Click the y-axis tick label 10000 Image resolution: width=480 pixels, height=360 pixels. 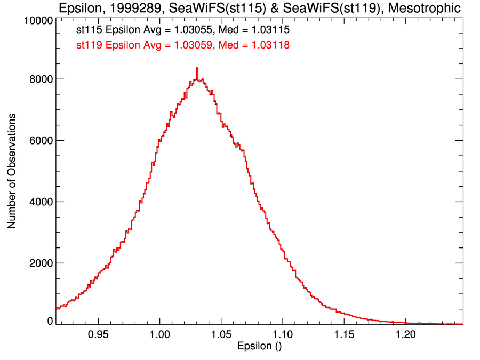37,21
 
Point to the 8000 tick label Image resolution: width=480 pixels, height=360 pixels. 40,79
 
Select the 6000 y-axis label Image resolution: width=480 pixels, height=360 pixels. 40,141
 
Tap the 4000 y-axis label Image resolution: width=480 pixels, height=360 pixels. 40,202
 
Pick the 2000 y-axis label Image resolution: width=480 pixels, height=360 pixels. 40,263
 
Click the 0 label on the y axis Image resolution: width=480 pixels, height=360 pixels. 50,321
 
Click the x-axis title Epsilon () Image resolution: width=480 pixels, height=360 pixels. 259,346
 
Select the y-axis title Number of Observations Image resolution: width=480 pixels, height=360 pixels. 11,171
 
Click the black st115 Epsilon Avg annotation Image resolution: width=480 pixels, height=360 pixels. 183,31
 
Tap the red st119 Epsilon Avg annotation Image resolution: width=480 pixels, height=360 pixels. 183,45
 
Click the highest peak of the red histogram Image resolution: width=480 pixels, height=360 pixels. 197,68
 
